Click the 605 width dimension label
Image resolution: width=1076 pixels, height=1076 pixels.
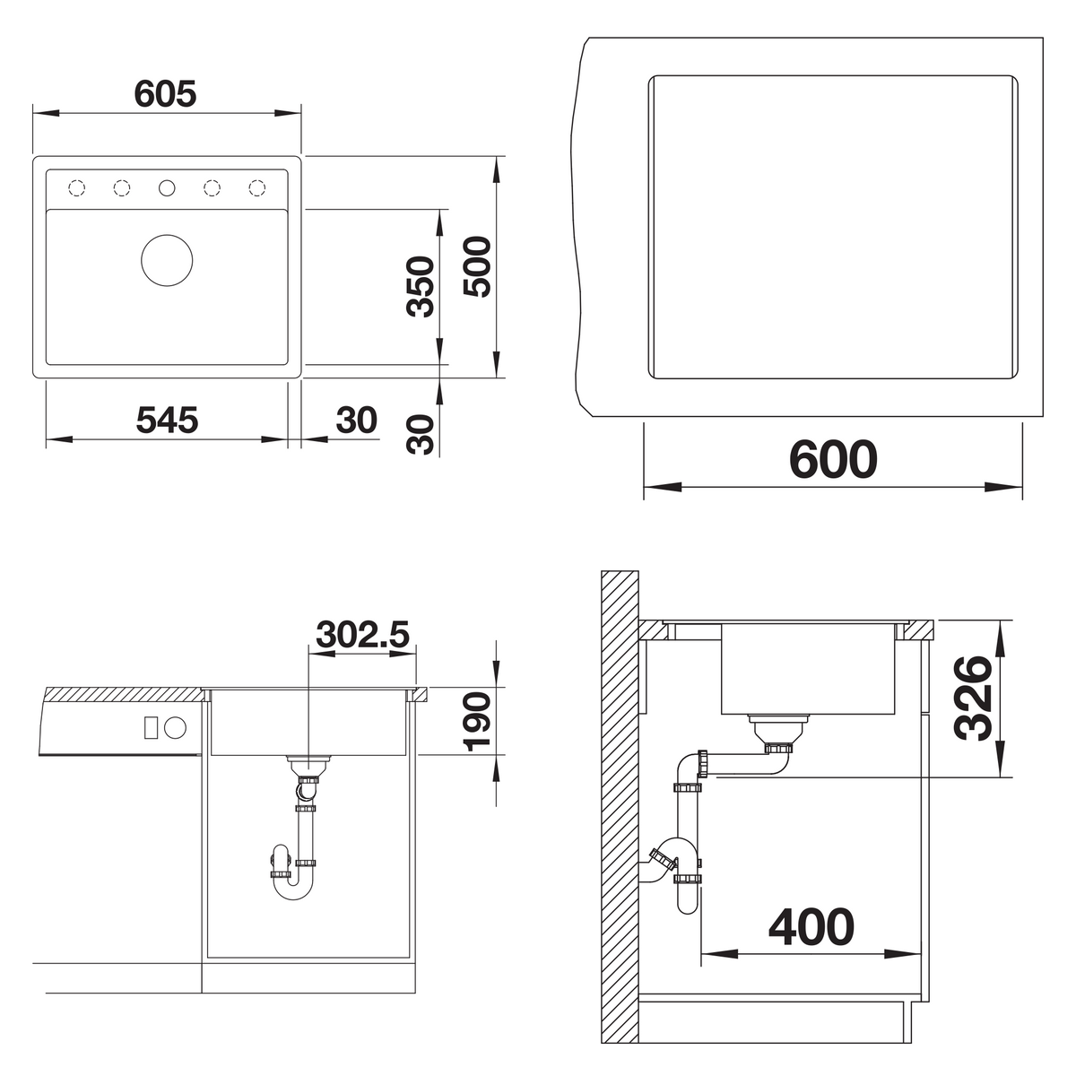coord(165,94)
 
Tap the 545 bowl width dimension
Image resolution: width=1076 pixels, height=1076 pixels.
coord(167,420)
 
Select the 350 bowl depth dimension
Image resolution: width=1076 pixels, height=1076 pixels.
coord(421,286)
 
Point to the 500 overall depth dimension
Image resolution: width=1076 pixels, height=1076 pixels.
coord(477,266)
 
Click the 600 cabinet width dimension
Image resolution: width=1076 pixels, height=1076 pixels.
coord(833,459)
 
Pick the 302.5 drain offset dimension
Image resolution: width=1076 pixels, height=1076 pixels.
coord(363,634)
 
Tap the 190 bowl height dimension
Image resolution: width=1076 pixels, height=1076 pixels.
coord(476,722)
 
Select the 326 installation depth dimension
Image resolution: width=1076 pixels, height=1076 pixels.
coord(973,698)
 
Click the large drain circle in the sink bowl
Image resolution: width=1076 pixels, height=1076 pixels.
coord(167,260)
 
